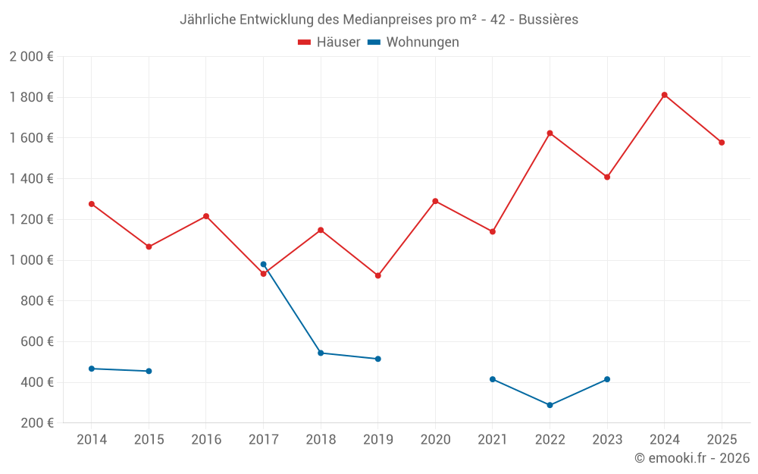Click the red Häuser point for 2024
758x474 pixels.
point(665,95)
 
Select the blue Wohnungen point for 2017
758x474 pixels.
point(263,265)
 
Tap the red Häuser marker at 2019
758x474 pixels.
point(378,275)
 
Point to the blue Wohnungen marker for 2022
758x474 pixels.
point(550,405)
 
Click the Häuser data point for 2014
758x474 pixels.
point(92,204)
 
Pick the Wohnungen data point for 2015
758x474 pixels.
point(149,371)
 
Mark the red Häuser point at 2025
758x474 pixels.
point(722,143)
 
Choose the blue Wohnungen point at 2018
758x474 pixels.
point(321,353)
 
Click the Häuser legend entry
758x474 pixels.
point(329,42)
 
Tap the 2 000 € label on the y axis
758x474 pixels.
point(31,57)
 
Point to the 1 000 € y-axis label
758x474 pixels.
point(31,260)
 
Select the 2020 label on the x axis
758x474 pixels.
point(435,440)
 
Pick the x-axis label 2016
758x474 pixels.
point(206,440)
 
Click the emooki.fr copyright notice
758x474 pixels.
point(691,458)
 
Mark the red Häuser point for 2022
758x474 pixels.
point(550,133)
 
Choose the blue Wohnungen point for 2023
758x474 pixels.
point(607,379)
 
